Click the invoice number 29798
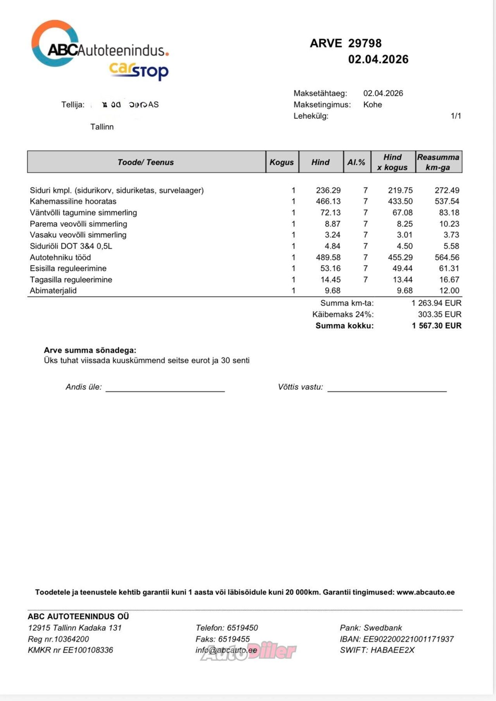pos(365,43)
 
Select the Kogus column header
pos(282,162)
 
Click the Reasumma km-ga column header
pos(438,162)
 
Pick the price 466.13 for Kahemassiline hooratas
pos(328,201)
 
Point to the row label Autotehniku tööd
pos(60,257)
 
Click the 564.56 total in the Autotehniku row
pos(447,257)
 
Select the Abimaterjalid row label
pos(53,291)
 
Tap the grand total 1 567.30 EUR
pos(437,326)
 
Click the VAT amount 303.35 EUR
pos(439,314)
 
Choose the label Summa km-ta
pos(347,303)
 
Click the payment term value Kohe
pos(372,104)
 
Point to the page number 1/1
pos(456,116)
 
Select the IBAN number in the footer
pos(408,639)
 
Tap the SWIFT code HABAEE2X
pos(392,650)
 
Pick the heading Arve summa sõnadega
pos(90,350)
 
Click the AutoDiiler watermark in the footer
pos(248,651)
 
